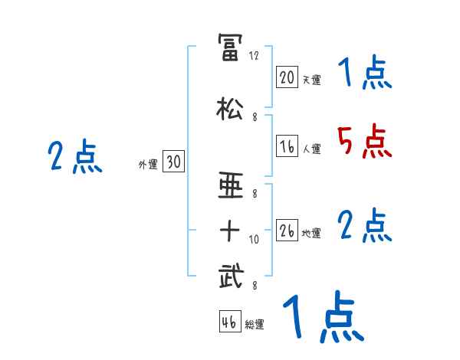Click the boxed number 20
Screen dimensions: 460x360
(x=287, y=77)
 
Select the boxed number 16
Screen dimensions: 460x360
(x=287, y=146)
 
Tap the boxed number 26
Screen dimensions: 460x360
(x=287, y=230)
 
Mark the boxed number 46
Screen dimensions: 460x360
(x=229, y=322)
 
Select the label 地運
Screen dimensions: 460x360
(x=311, y=233)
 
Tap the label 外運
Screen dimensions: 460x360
(x=147, y=163)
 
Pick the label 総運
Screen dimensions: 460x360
(x=255, y=325)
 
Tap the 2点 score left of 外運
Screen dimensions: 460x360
(x=74, y=157)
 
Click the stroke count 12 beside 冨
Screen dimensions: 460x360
(x=255, y=56)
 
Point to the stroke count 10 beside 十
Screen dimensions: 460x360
(x=255, y=240)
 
